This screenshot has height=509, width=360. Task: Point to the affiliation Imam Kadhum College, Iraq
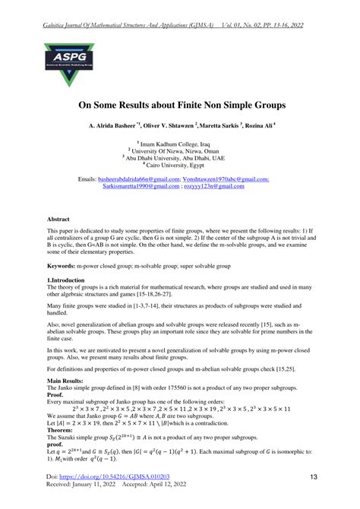[x=179, y=143]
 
